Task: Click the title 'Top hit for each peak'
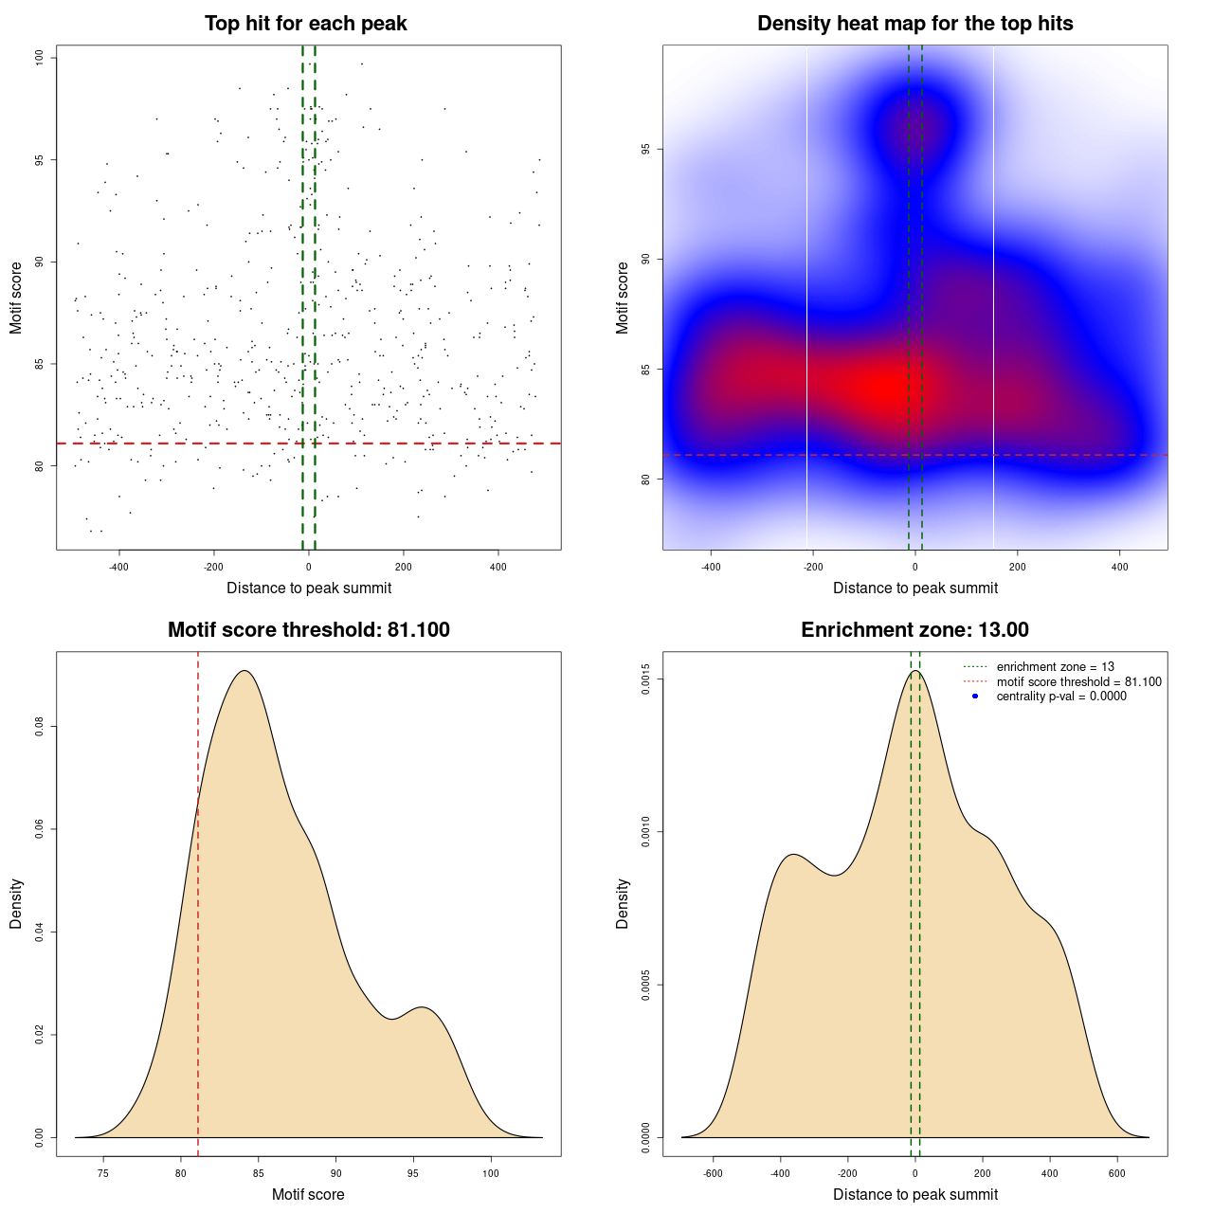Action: click(305, 24)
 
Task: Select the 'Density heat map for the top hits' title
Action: click(914, 24)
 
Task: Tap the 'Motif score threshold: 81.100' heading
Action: click(308, 630)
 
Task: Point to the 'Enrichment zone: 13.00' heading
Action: click(914, 630)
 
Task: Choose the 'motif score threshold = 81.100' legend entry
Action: click(1078, 681)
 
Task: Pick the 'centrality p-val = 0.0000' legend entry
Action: click(1061, 697)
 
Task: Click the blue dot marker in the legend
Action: click(975, 697)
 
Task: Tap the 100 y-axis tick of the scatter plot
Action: click(40, 58)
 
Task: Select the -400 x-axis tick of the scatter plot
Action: click(118, 567)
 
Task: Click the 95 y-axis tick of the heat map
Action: click(646, 149)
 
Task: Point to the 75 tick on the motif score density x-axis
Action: click(102, 1173)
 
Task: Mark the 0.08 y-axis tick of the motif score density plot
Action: click(40, 727)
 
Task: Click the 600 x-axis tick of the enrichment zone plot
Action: click(1117, 1173)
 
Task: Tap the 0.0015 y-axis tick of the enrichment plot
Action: click(646, 679)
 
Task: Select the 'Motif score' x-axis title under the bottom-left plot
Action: click(308, 1195)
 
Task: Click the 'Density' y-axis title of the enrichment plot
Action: click(623, 903)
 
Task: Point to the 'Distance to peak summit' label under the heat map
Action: click(914, 588)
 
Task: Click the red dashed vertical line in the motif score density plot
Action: click(198, 948)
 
